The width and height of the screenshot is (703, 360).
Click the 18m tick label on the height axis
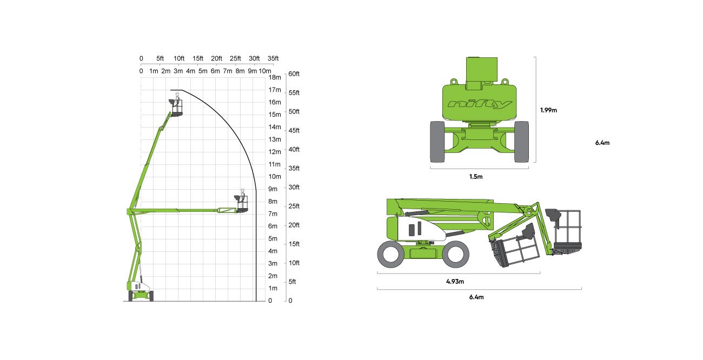275,77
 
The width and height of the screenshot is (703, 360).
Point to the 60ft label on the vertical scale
294,74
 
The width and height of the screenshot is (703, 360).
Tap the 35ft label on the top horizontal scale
273,58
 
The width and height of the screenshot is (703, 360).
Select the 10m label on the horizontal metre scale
265,71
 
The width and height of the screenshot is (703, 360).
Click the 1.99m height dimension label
548,110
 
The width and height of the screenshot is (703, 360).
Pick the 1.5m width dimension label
476,177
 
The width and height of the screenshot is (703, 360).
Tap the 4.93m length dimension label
455,281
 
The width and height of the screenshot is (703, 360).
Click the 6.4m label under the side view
476,297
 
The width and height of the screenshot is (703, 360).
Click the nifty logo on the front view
480,104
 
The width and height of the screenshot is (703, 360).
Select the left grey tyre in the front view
437,142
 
